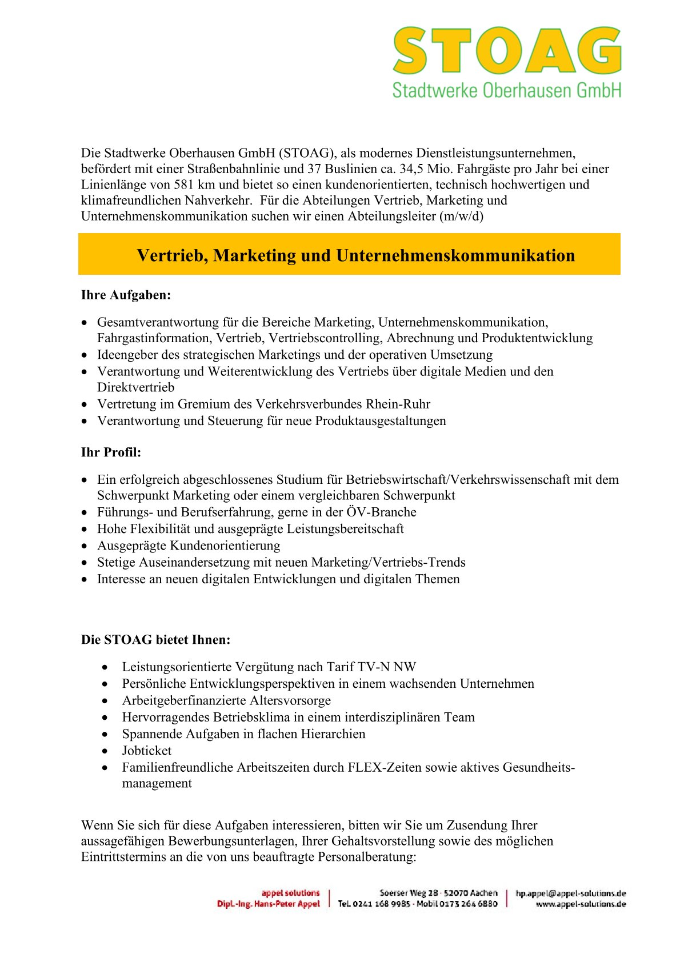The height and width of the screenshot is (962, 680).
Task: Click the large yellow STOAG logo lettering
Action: (x=506, y=51)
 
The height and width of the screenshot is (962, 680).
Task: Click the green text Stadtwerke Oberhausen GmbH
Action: (x=506, y=90)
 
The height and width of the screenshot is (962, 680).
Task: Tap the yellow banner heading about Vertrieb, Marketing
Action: (x=355, y=255)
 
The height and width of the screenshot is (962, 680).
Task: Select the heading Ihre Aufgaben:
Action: (x=126, y=295)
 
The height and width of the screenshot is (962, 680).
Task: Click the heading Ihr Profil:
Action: (x=111, y=452)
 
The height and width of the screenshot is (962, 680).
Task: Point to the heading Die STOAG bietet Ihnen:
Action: (x=155, y=640)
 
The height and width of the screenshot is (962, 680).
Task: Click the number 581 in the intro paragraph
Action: (x=184, y=185)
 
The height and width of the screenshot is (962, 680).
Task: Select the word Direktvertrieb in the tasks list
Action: (x=135, y=387)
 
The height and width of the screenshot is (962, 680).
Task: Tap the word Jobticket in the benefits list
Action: (x=146, y=751)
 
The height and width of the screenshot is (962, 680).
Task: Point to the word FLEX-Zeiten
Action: (x=382, y=767)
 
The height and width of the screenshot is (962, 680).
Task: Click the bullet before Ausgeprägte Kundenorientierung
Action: (x=85, y=546)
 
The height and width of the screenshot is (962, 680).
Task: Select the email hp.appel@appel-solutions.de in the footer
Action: (x=570, y=893)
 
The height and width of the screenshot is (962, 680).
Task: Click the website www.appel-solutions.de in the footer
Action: (x=581, y=904)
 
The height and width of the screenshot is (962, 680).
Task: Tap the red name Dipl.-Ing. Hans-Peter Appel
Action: (x=268, y=904)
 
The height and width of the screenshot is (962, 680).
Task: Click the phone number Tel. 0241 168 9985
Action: (x=374, y=904)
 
